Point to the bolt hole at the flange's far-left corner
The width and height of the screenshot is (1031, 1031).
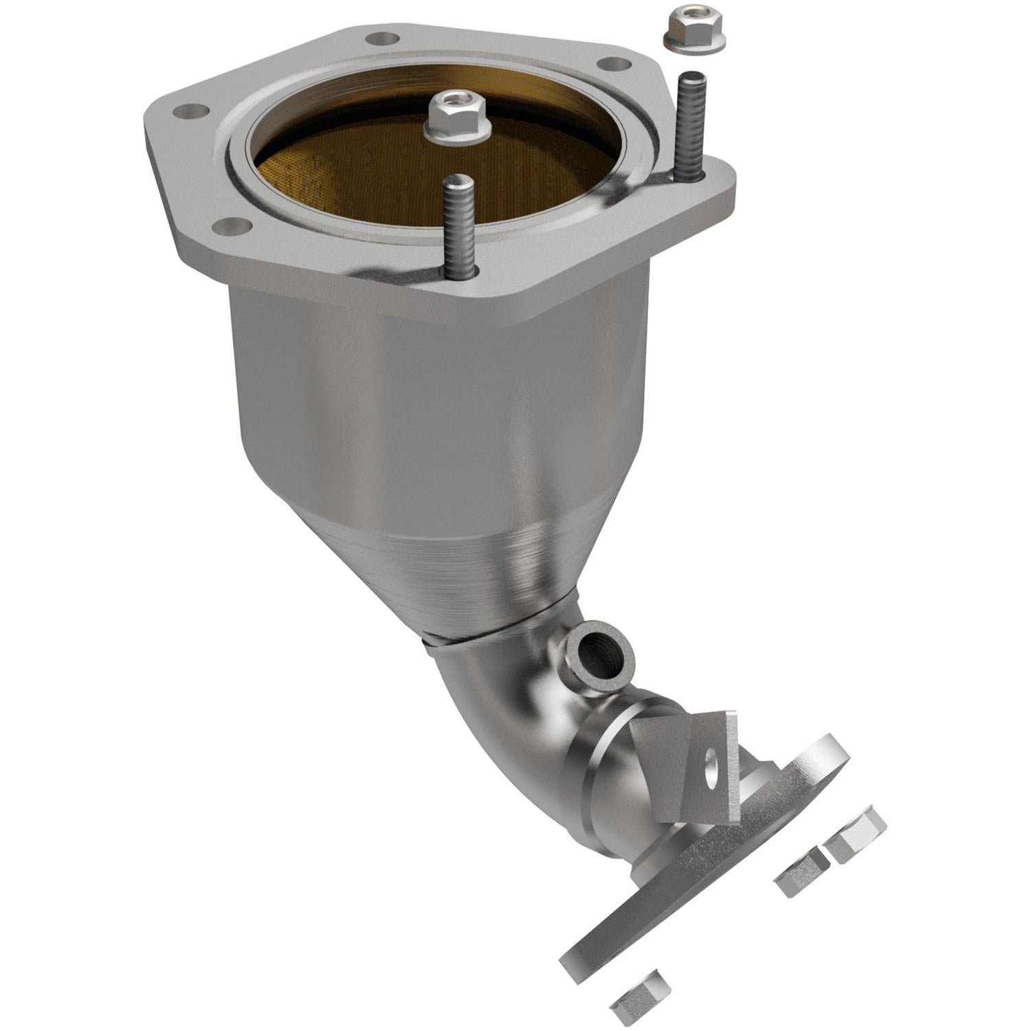[x=194, y=111]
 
